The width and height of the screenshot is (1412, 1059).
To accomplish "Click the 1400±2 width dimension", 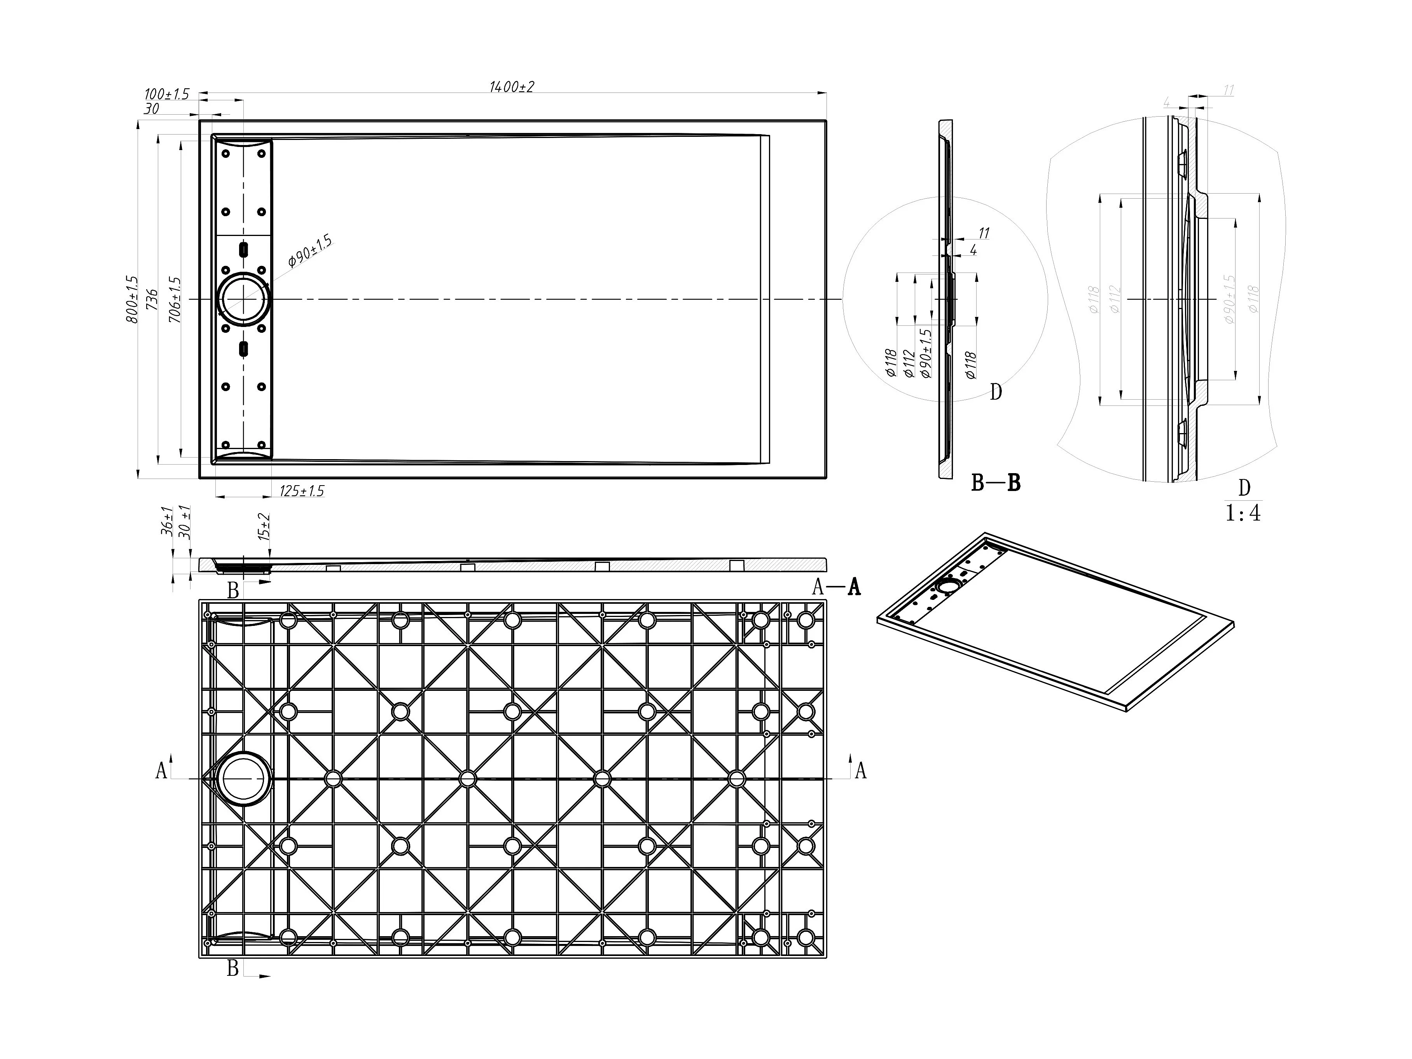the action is pos(511,87).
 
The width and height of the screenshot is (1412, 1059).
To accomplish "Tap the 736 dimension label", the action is pos(152,299).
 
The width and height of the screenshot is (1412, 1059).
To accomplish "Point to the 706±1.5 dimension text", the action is pos(174,299).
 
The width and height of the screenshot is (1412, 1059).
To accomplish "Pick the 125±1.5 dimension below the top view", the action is pos(302,491).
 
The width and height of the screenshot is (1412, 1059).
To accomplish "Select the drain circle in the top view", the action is pos(243,299).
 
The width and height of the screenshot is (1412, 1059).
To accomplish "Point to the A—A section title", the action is pos(836,587).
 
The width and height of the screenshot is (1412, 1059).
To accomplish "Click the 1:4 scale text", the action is pos(1243,513).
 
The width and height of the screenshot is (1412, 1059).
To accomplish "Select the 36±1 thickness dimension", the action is pos(167,521).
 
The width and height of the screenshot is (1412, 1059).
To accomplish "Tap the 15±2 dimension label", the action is pos(264,527).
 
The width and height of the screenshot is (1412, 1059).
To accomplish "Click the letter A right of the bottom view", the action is pos(860,771).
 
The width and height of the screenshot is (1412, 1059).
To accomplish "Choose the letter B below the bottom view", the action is pos(233,969).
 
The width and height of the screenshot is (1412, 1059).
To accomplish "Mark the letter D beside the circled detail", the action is pos(996,392).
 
